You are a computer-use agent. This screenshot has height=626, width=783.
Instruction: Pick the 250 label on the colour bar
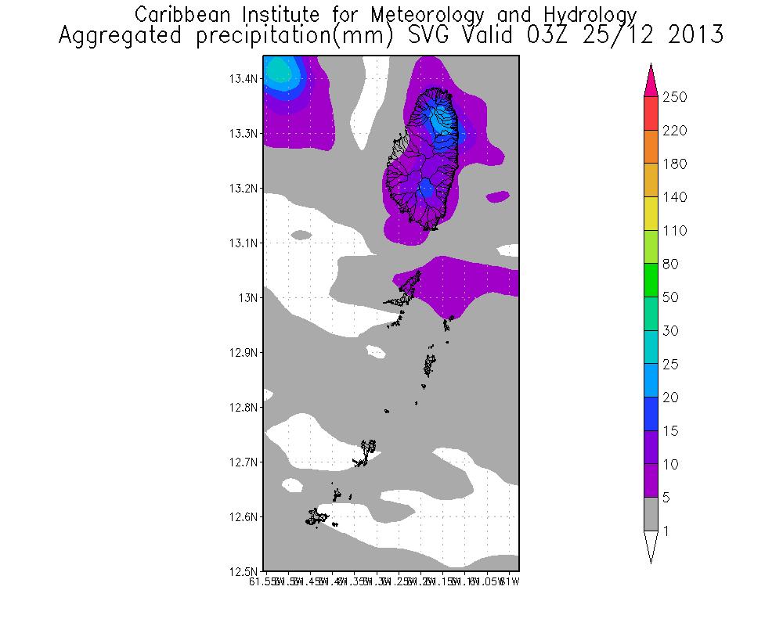(x=673, y=97)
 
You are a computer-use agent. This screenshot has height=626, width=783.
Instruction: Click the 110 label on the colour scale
(x=673, y=231)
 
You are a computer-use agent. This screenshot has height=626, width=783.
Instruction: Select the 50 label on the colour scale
(x=670, y=298)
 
